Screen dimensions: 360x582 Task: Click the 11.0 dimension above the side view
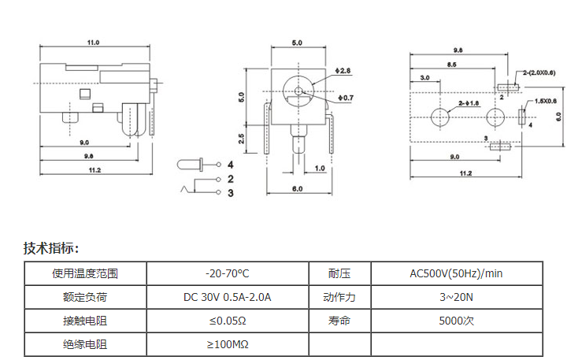93,43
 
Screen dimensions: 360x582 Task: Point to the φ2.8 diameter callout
343,71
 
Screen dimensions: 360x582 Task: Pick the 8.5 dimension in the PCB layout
452,64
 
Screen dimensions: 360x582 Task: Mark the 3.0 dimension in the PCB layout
424,78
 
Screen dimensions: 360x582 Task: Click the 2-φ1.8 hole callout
468,103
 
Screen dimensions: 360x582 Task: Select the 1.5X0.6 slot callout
545,101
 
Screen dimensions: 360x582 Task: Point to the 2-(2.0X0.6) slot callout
539,72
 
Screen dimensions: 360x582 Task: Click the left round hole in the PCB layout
439,118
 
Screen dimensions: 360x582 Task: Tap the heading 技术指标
51,248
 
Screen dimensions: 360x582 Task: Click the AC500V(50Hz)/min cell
456,273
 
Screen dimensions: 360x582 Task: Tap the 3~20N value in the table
456,297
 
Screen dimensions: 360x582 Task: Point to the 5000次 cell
456,321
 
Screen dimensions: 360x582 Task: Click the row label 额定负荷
85,297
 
